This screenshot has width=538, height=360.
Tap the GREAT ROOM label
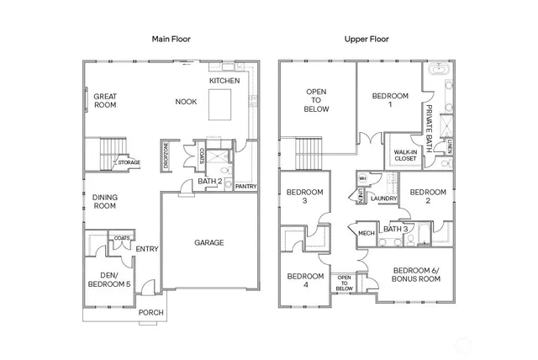pyautogui.click(x=105, y=101)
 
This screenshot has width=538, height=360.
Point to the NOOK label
pyautogui.click(x=186, y=102)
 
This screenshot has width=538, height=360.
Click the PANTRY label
pyautogui.click(x=245, y=186)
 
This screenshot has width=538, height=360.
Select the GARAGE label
pyautogui.click(x=209, y=243)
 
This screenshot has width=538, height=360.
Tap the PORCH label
pyautogui.click(x=151, y=313)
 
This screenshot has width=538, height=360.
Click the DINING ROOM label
pyautogui.click(x=104, y=201)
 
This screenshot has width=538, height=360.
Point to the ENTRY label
pyautogui.click(x=147, y=248)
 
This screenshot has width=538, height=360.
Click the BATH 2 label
pyautogui.click(x=209, y=181)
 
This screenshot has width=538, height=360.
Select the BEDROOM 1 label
pyautogui.click(x=390, y=101)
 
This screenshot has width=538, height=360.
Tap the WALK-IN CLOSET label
pyautogui.click(x=405, y=156)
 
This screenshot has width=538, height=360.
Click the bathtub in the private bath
pyautogui.click(x=436, y=73)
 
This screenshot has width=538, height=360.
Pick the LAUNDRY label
pyautogui.click(x=383, y=199)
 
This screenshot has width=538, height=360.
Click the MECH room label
pyautogui.click(x=366, y=233)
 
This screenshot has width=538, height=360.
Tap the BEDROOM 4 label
pyautogui.click(x=305, y=280)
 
